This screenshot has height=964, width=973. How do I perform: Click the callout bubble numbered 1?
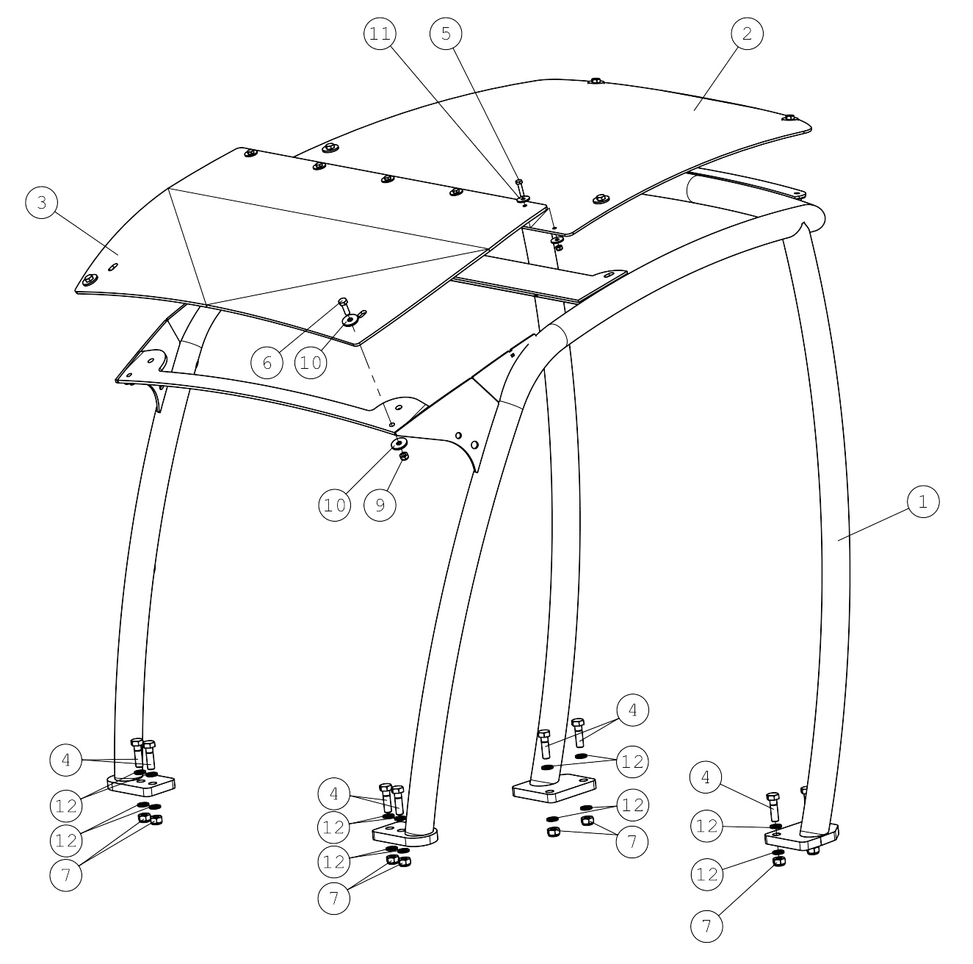(922, 502)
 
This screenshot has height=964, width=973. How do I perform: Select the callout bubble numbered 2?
(747, 33)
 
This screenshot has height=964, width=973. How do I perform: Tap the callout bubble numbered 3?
(41, 202)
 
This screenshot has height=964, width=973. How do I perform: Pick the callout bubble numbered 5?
(446, 33)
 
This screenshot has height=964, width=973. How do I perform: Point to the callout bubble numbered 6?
(267, 362)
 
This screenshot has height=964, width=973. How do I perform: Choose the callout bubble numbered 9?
(380, 505)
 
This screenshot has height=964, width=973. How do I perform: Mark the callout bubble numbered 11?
(380, 33)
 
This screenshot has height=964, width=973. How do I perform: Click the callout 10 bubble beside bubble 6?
(311, 362)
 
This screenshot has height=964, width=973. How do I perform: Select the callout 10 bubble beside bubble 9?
(334, 505)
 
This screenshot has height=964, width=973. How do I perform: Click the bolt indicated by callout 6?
(344, 306)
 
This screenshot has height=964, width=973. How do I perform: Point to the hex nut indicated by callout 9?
(404, 456)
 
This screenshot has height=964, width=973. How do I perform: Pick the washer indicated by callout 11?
(522, 198)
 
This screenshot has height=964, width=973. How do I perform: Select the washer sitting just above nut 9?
(399, 444)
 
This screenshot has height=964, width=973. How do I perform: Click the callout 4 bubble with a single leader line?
(706, 777)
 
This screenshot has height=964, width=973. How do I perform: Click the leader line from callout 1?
(874, 524)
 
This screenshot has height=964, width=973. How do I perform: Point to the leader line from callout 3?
(87, 234)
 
